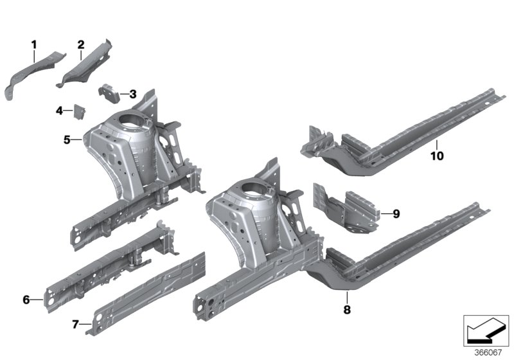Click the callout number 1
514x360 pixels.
[34, 44]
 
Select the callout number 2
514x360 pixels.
[81, 44]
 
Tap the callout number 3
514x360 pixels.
[133, 94]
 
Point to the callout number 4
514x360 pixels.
[59, 111]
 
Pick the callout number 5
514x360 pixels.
[67, 140]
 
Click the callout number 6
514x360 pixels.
[26, 300]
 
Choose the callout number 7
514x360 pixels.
[75, 325]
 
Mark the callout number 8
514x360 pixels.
[347, 309]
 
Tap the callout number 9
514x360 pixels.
[396, 214]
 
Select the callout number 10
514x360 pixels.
[437, 156]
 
